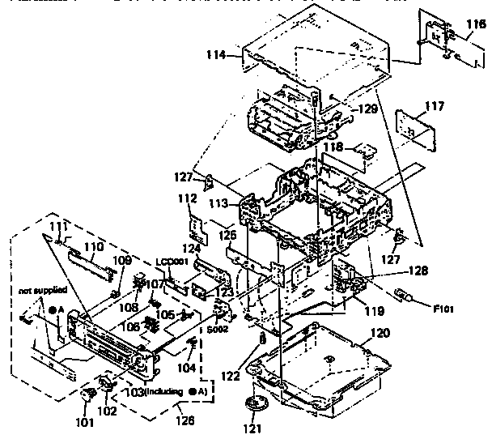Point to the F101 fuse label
click(443, 308)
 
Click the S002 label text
click(215, 330)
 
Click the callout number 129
click(368, 107)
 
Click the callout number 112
click(188, 198)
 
